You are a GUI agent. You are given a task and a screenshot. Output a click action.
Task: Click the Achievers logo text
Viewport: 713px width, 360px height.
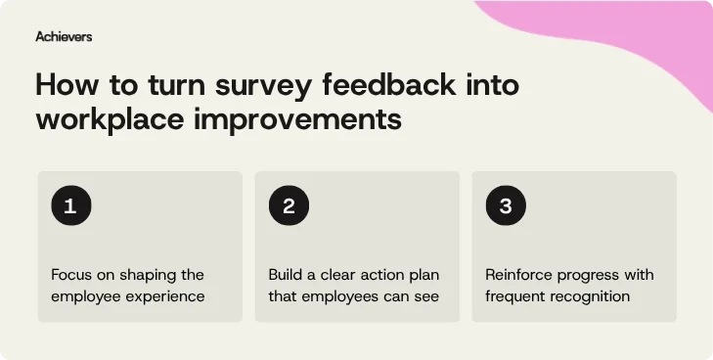point(64,36)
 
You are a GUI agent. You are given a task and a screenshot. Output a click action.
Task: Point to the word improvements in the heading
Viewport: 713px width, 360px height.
point(310,120)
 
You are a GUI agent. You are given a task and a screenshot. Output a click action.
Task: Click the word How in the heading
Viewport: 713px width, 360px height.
point(66,85)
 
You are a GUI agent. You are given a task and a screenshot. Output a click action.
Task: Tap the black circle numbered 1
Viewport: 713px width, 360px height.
point(70,206)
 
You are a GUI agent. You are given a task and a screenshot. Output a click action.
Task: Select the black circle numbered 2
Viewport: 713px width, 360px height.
point(289,206)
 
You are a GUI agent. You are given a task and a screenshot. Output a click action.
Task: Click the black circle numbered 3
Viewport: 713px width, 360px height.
point(506,206)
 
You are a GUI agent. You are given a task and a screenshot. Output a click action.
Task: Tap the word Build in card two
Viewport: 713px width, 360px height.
point(287,275)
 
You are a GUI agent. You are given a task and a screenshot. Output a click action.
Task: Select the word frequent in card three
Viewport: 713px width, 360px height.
point(515,296)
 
